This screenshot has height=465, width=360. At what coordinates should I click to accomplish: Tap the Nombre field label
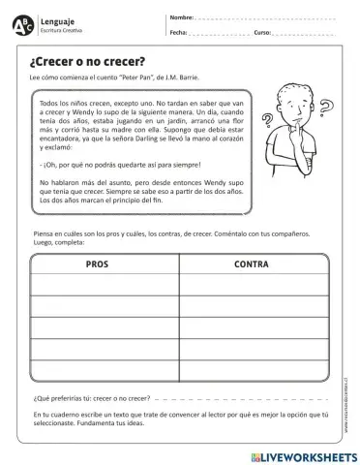click(x=182, y=17)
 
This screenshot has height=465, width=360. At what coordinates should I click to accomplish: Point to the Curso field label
click(x=262, y=32)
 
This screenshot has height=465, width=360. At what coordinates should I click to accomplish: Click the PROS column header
click(x=99, y=263)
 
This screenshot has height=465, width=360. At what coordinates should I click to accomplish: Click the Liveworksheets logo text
click(x=307, y=454)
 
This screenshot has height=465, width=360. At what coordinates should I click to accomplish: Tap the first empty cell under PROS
click(x=99, y=284)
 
